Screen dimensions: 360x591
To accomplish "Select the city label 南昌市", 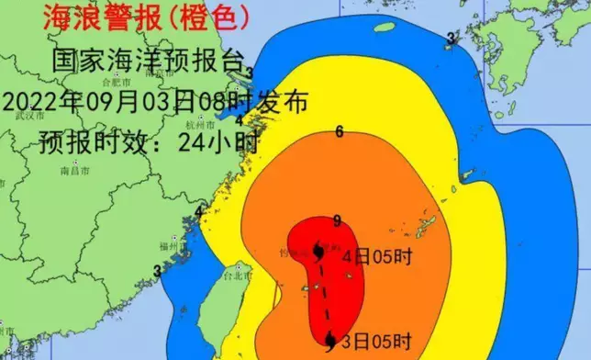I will click(x=73, y=171).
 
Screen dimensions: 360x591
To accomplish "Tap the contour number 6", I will click(x=340, y=131).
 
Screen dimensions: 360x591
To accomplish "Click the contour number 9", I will click(x=338, y=219).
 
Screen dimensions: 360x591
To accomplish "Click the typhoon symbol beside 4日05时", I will click(x=318, y=251).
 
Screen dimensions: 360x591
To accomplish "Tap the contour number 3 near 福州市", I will click(x=157, y=270).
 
